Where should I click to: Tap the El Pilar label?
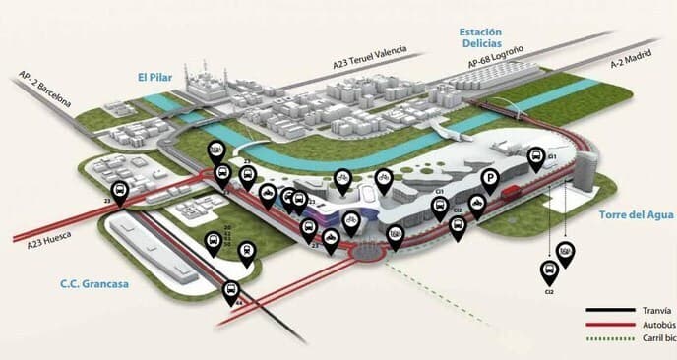click(x=154, y=74)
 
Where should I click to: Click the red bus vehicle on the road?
click(x=511, y=193)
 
